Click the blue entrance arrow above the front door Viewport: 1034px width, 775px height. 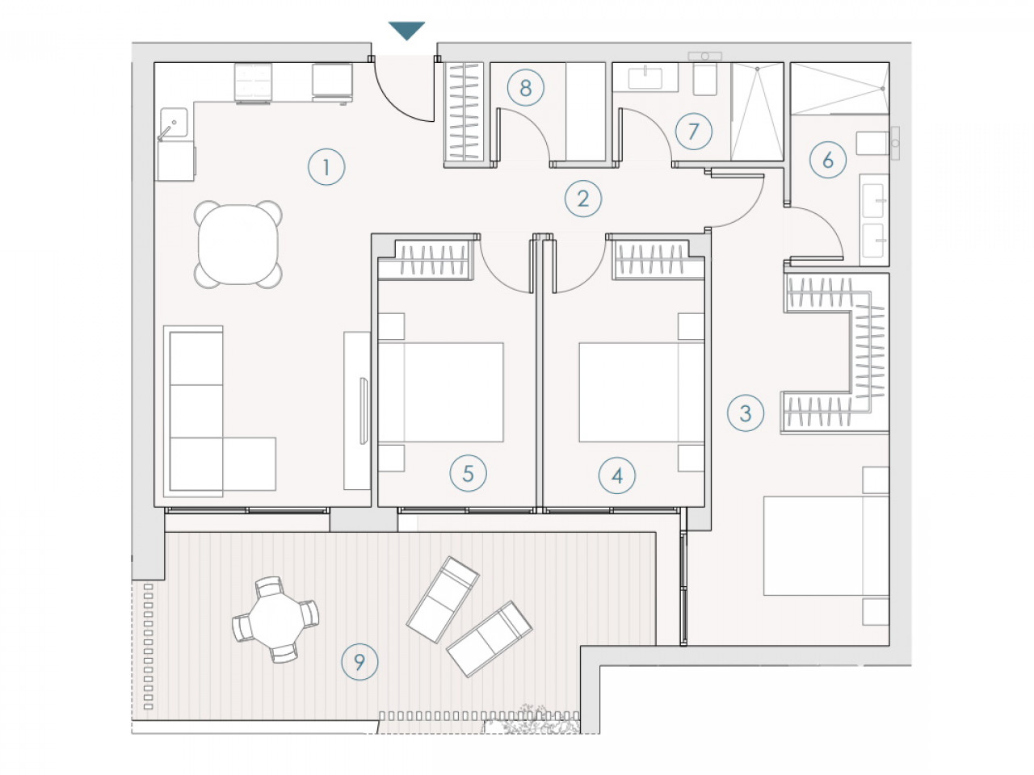click(x=406, y=30)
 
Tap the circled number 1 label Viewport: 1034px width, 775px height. click(x=326, y=167)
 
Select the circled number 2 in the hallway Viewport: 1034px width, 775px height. click(x=583, y=199)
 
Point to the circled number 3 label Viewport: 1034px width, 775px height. click(x=746, y=413)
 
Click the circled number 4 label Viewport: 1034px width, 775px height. click(x=617, y=475)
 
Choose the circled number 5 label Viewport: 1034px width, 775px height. click(x=468, y=473)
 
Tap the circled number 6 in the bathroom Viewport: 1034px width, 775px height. click(x=828, y=160)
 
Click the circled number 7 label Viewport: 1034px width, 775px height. click(x=693, y=132)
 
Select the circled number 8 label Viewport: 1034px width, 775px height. click(x=526, y=87)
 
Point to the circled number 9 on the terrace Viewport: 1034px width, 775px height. click(x=359, y=662)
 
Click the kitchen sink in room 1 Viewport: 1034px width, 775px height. click(x=174, y=123)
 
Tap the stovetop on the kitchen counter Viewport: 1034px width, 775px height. click(x=253, y=83)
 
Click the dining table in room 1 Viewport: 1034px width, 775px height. click(x=237, y=245)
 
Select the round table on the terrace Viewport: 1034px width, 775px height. click(x=276, y=619)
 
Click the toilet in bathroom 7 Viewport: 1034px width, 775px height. click(x=704, y=74)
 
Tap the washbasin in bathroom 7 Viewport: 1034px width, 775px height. click(x=645, y=77)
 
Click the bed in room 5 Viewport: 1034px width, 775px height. click(x=440, y=392)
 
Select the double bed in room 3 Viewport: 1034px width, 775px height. click(x=826, y=546)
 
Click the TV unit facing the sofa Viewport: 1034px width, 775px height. click(x=357, y=411)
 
